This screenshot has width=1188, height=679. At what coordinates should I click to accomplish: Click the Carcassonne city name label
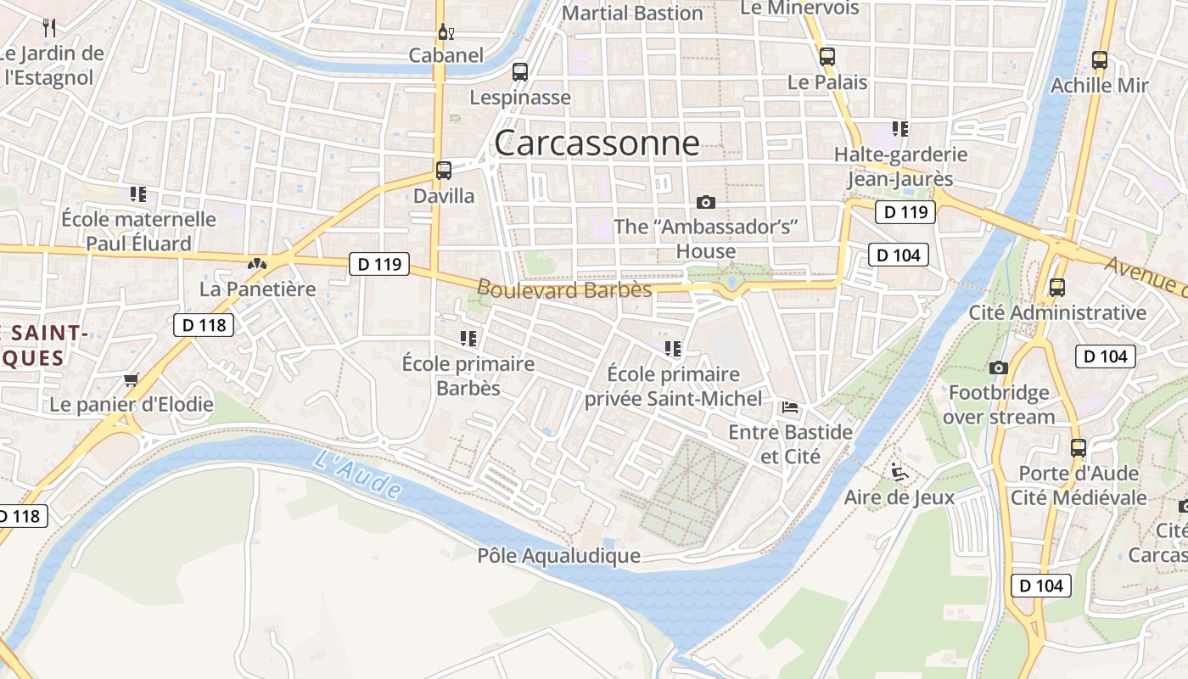(597, 143)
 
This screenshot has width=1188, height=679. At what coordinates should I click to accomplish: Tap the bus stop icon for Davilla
(444, 170)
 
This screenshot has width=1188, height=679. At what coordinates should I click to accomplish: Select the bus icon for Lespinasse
(520, 72)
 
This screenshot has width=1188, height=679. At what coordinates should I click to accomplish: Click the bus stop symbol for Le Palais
(827, 57)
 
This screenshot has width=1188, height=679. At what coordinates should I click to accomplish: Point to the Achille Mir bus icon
(1100, 60)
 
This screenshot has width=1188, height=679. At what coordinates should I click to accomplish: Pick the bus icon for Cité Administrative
(1057, 287)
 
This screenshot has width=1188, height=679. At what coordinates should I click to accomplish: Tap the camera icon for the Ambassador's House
(705, 202)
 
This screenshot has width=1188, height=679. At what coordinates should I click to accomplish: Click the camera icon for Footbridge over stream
(999, 368)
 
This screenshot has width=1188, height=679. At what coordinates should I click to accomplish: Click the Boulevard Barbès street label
(564, 289)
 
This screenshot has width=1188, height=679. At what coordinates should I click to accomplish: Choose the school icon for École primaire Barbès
(468, 339)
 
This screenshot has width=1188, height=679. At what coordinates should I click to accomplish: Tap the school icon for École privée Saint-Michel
(673, 348)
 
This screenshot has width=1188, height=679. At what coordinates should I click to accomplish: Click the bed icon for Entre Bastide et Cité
(790, 407)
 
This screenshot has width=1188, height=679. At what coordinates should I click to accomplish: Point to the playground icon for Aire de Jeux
(899, 471)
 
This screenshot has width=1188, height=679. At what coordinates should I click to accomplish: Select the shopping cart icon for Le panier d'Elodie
(131, 379)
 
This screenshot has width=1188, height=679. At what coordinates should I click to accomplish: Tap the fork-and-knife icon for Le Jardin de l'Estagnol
(49, 28)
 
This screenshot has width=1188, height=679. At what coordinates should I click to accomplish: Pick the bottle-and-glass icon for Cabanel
(445, 32)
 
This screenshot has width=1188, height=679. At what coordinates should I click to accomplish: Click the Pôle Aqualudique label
(558, 556)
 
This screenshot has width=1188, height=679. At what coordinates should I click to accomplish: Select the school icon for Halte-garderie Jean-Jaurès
(900, 129)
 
